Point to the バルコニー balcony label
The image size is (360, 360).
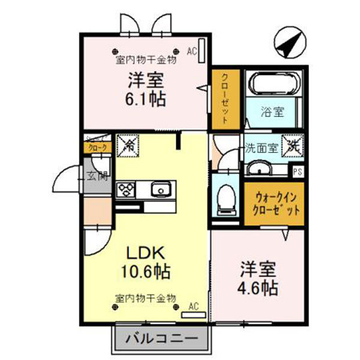point(161,339)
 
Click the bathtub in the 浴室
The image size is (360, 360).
point(274,85)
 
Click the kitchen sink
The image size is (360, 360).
point(161,190)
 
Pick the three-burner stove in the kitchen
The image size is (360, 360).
point(127,190)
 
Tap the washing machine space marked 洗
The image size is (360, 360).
point(293,145)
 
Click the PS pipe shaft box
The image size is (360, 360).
point(297,172)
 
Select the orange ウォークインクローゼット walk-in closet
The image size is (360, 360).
point(274,204)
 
